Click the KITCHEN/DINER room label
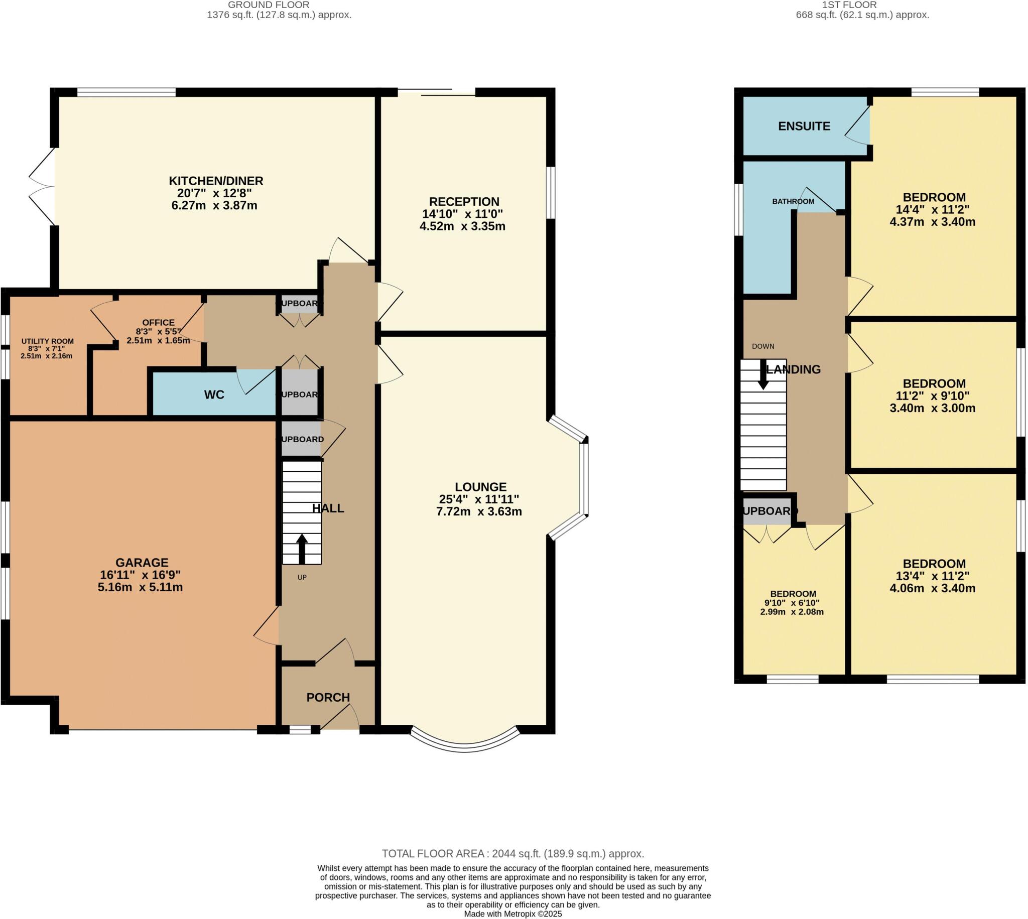pos(216,181)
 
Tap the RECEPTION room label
pos(463,201)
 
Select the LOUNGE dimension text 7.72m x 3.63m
pos(479,511)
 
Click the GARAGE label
pos(142,563)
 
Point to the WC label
pos(214,395)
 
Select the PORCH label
pos(328,697)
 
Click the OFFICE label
pos(158,322)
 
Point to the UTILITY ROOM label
pos(48,341)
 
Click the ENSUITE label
pos(804,126)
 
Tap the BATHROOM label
pos(793,201)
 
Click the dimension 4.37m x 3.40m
pos(932,222)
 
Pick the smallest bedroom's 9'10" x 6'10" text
pos(792,603)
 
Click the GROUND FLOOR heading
pos(269,5)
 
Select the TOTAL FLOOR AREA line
pos(512,854)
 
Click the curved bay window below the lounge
pos(464,747)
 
